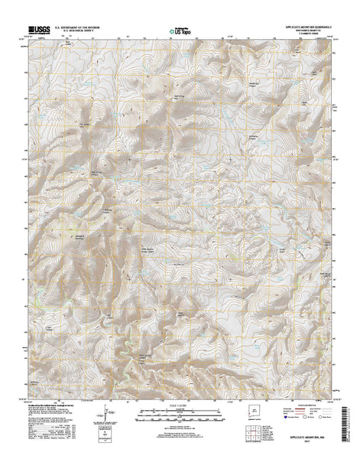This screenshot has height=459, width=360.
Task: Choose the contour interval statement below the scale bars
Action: [180, 429]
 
